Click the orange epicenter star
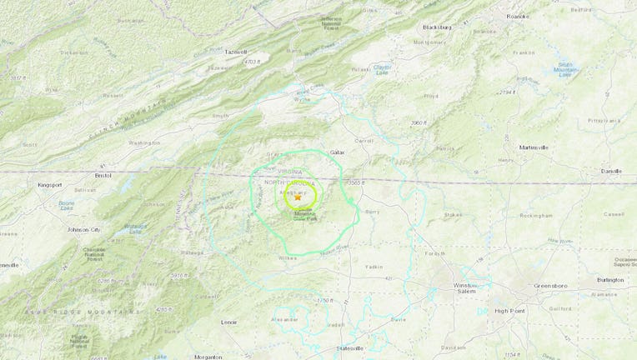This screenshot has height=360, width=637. [x=298, y=197]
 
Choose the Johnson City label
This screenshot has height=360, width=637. [x=84, y=229]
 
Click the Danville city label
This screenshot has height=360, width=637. [x=611, y=171]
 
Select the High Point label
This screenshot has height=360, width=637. [x=509, y=312]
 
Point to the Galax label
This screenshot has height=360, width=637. [x=338, y=152]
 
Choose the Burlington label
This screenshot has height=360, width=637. [x=609, y=280]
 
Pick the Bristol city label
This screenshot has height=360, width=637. [x=103, y=176]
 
